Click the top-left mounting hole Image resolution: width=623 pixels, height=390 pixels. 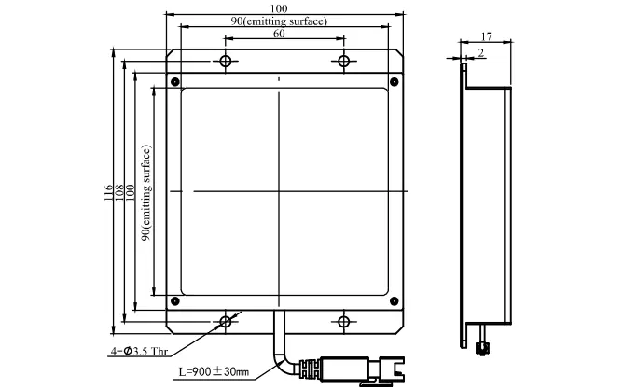click(226, 62)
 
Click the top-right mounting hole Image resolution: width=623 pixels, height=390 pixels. click(344, 62)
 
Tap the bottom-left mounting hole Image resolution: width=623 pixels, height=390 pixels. click(226, 321)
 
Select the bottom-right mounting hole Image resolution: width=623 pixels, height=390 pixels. click(344, 321)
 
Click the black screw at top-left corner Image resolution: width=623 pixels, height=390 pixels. click(174, 82)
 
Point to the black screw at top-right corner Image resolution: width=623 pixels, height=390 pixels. click(395, 82)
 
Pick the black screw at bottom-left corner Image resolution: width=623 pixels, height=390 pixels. click(174, 301)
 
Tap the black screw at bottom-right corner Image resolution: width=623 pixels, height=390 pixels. click(395, 301)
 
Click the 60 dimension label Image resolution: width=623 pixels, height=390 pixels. click(279, 34)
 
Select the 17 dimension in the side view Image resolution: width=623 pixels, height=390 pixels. click(486, 36)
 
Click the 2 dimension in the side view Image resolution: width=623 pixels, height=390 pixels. click(481, 53)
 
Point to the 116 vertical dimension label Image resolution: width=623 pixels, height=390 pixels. click(108, 192)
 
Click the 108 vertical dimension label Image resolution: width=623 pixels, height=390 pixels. click(118, 192)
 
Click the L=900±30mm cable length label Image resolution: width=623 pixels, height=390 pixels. click(214, 372)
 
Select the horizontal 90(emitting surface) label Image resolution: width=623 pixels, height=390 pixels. click(279, 21)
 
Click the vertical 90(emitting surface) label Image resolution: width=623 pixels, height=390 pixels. click(146, 193)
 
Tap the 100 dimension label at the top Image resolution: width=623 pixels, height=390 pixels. click(279, 8)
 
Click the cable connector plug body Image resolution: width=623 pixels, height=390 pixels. click(345, 369)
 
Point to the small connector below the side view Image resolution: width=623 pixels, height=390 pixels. click(482, 349)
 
